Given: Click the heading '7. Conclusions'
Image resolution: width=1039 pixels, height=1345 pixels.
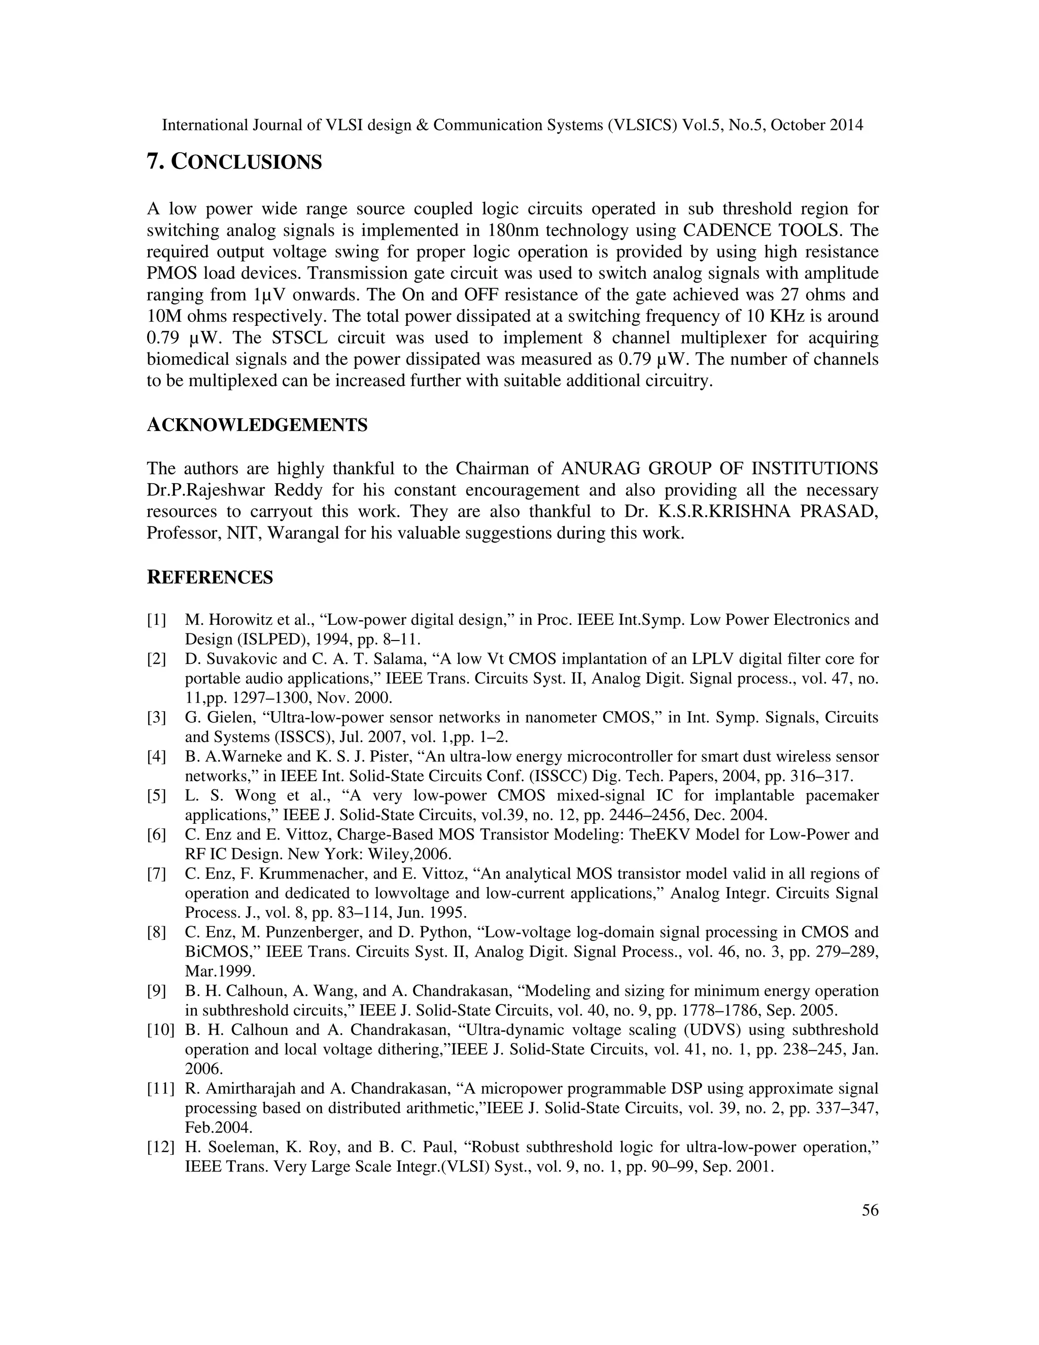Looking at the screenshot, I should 234,162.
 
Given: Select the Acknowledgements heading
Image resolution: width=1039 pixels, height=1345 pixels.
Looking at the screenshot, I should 257,425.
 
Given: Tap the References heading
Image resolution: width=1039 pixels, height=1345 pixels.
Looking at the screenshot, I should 210,577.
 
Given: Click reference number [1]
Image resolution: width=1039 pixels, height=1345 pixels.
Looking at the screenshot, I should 156,620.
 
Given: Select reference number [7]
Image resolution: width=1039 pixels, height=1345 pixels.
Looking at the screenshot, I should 156,873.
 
